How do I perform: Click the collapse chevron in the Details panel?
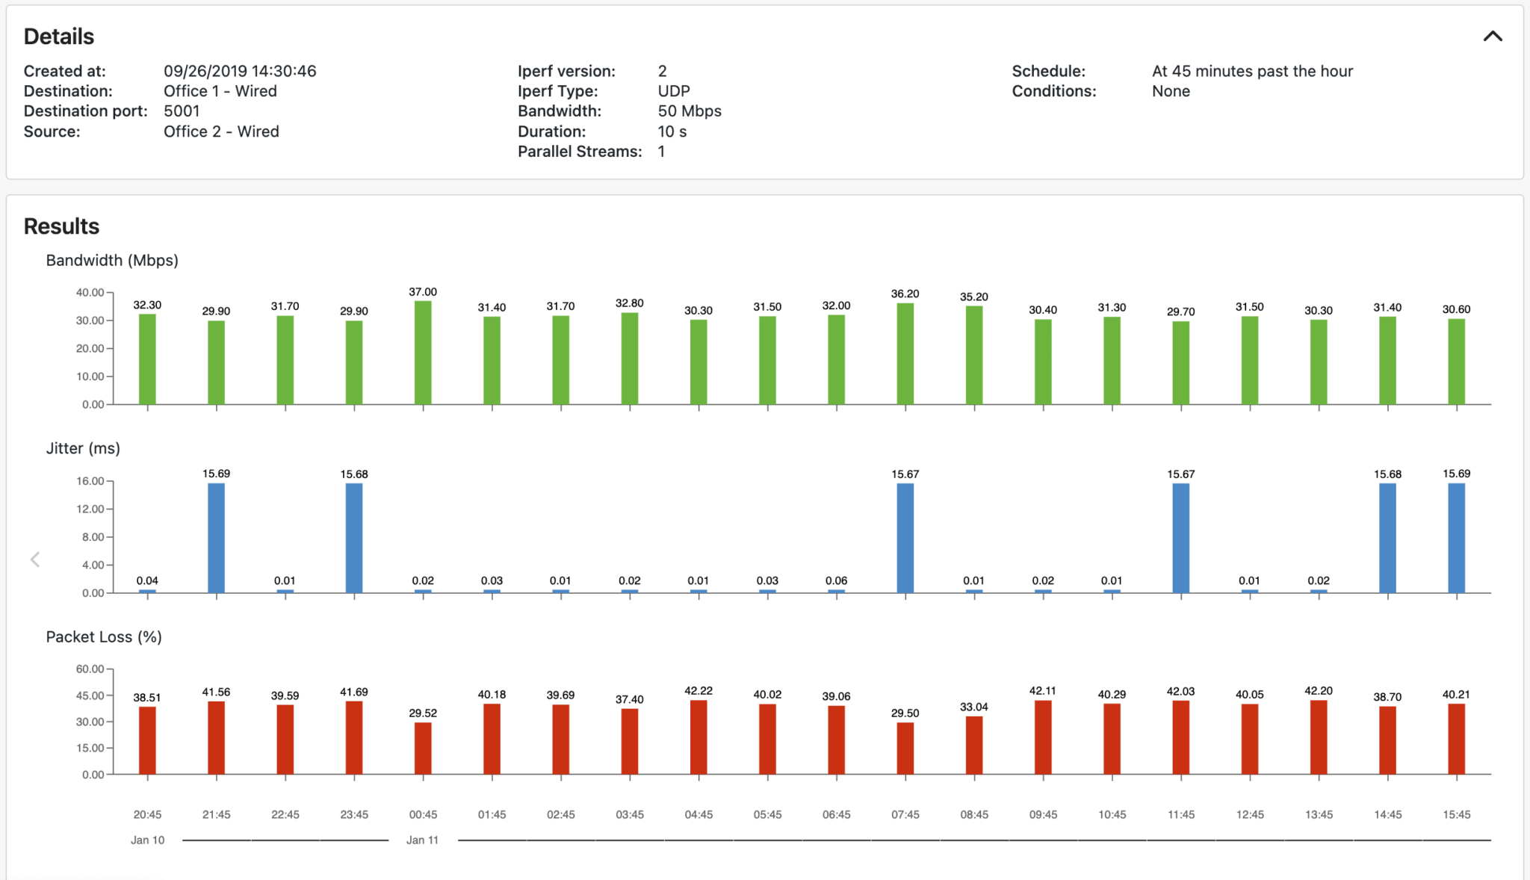coord(1492,36)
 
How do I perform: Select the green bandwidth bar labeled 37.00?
coord(423,353)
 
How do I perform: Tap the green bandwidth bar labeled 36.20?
coord(905,354)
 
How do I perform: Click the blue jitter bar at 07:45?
coord(905,538)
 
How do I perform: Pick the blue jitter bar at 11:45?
coord(1180,538)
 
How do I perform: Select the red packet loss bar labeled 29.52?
coord(423,748)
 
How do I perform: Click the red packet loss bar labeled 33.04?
coord(973,745)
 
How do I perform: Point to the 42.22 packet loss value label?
coord(699,691)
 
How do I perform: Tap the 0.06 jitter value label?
coord(836,580)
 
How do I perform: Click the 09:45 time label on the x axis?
coord(1043,814)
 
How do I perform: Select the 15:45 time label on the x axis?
coord(1456,814)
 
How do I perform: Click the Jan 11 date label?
coord(422,840)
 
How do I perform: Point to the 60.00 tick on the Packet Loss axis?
coord(90,669)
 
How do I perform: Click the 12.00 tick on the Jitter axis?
coord(90,509)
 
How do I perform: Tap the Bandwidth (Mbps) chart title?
coord(112,260)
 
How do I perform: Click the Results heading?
coord(61,226)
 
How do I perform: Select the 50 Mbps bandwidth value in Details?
coord(689,111)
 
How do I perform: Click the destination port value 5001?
coord(182,111)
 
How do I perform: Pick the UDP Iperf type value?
coord(673,91)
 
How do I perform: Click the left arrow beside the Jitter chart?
coord(35,560)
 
